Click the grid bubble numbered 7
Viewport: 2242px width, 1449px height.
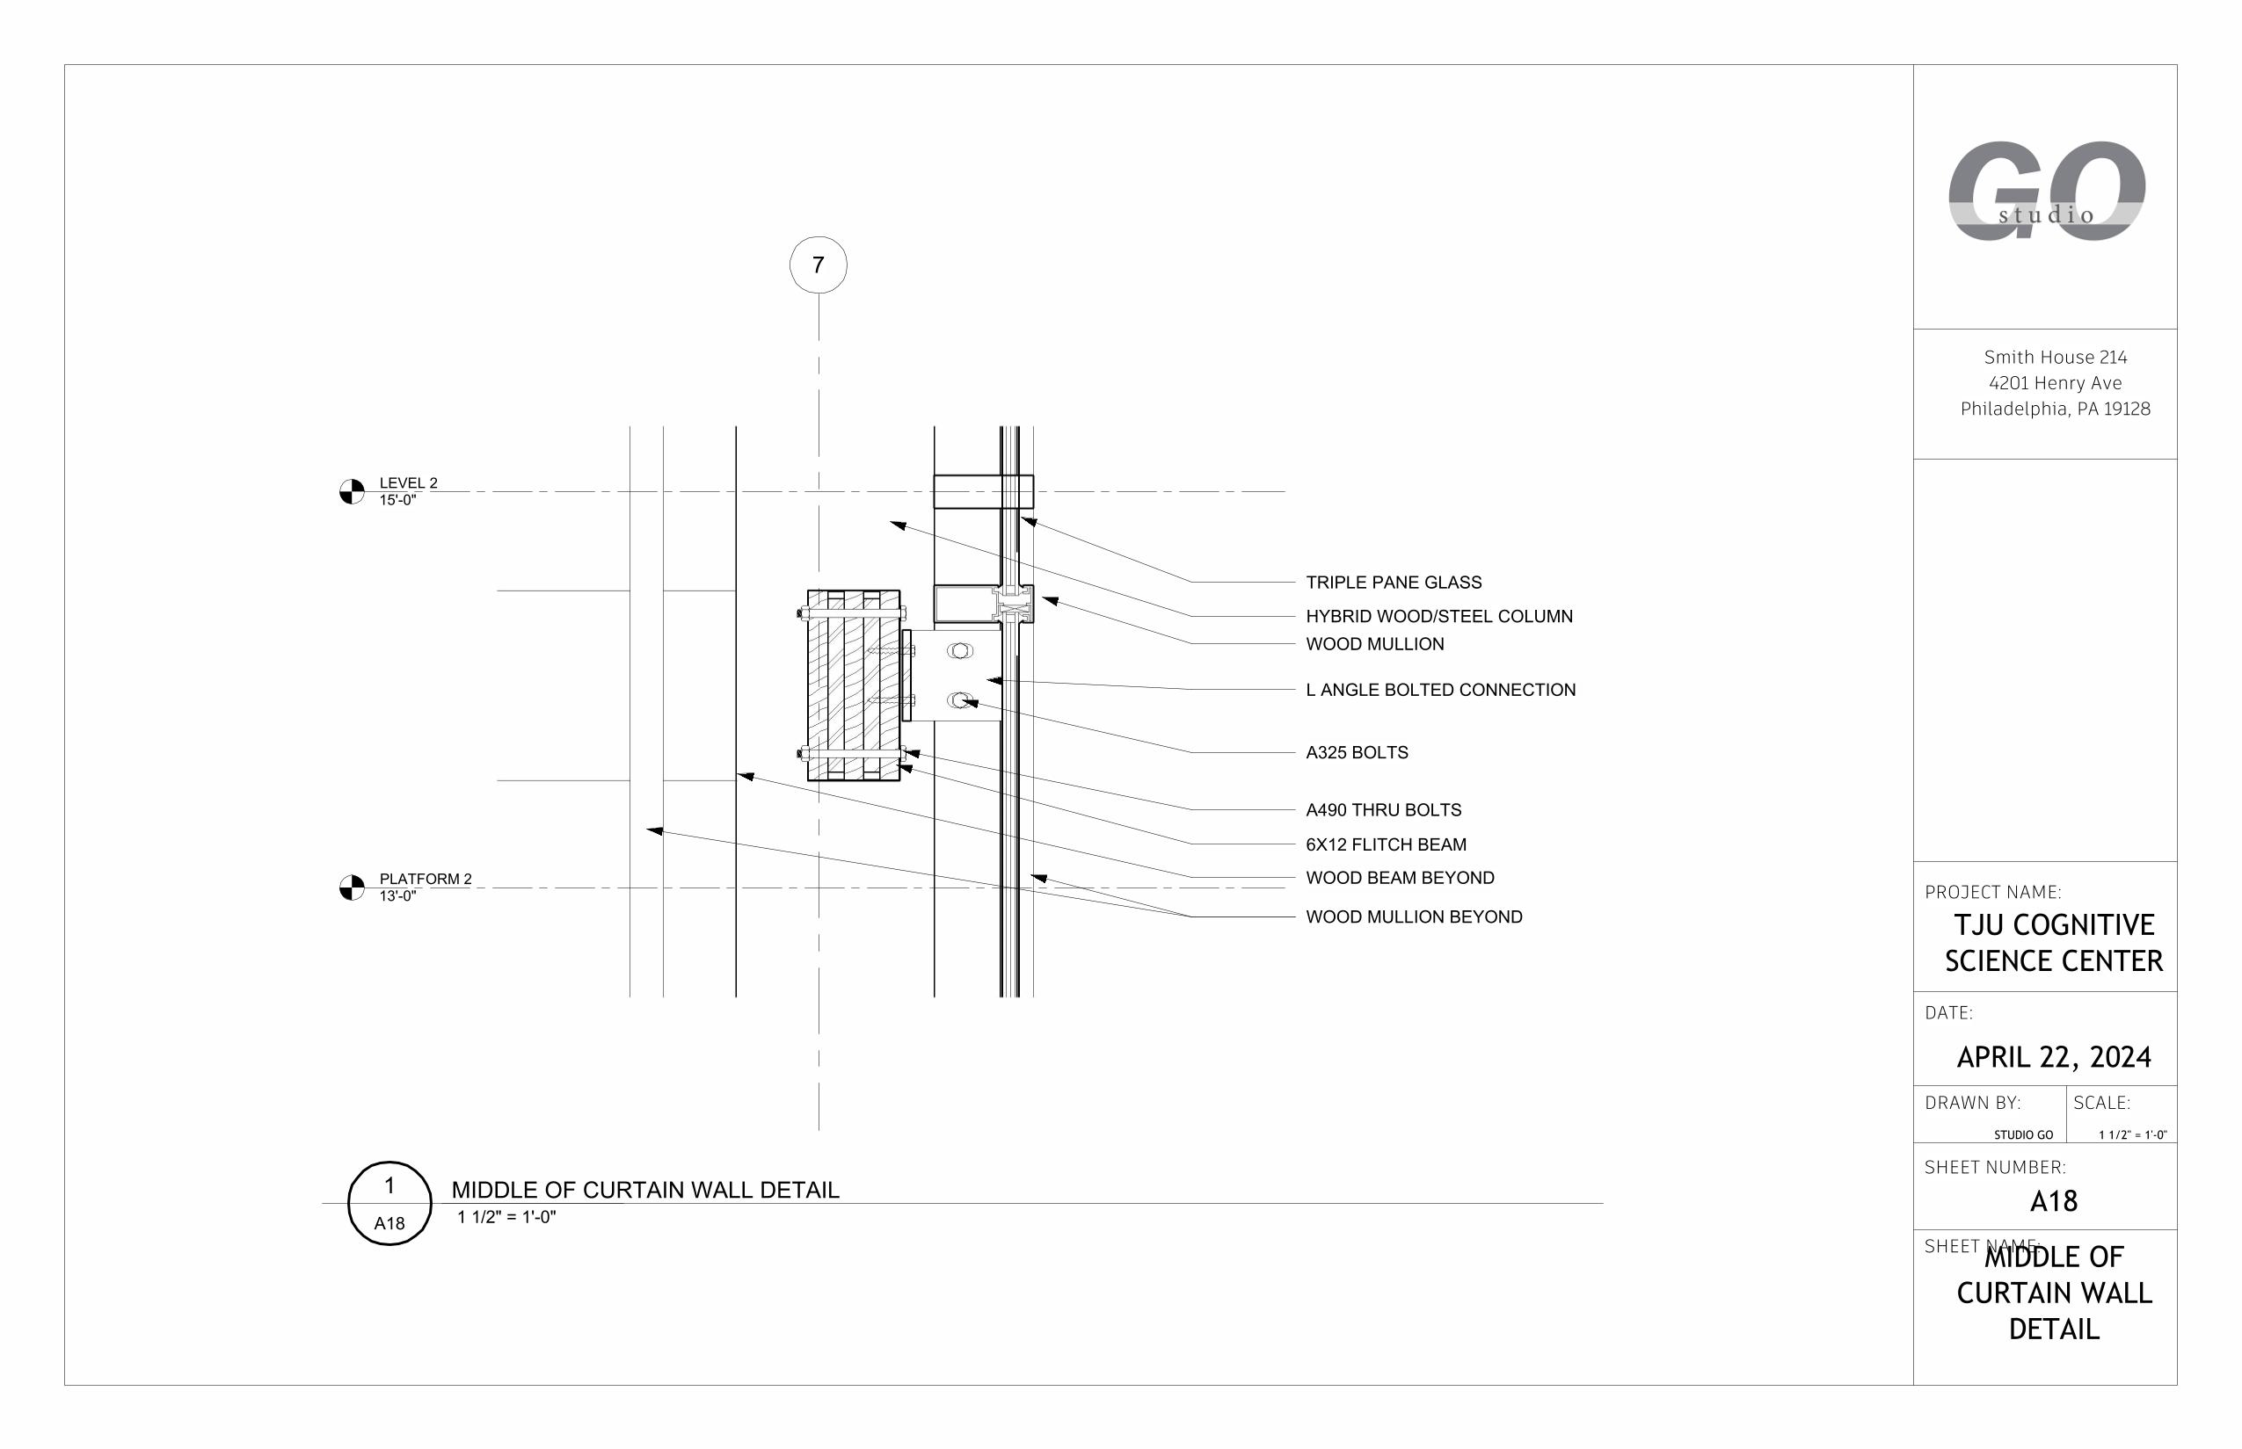tap(817, 265)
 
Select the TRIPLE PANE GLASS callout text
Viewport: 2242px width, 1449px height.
tap(1393, 583)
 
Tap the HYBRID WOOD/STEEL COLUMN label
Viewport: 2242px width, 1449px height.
tap(1438, 616)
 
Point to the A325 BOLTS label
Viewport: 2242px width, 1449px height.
tap(1357, 753)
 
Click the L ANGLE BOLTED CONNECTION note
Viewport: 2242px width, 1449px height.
tap(1440, 690)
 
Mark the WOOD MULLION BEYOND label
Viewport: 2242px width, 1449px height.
tap(1414, 916)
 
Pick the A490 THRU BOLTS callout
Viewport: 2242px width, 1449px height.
tap(1383, 810)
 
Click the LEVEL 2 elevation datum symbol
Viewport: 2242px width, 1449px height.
tap(351, 491)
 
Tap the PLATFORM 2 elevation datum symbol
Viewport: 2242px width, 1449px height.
tap(351, 888)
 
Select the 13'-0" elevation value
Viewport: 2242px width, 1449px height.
tap(397, 896)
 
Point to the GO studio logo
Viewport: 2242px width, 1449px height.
tap(2045, 191)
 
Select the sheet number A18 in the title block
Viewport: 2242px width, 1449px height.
tap(2053, 1201)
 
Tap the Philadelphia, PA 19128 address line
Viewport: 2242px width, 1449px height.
tap(2055, 409)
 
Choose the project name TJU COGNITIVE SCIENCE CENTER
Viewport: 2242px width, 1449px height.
tap(2053, 943)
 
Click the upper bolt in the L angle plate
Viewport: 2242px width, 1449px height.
tap(959, 650)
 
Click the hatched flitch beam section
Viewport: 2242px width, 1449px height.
tap(853, 685)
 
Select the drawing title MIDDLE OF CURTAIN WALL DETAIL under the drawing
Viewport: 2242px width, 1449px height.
tap(644, 1191)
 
